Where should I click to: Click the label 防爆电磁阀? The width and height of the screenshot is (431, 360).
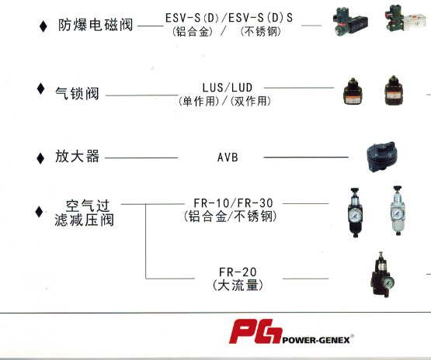96,25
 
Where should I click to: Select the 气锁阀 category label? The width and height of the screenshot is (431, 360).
77,93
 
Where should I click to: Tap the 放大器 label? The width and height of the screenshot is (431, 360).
77,157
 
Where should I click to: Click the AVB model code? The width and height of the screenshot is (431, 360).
228,157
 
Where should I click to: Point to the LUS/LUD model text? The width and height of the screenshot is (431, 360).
228,88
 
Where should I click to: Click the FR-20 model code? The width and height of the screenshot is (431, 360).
238,272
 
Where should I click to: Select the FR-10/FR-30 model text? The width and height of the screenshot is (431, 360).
234,203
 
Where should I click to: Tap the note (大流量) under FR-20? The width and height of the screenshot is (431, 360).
238,286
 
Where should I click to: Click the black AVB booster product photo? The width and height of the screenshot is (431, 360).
381,157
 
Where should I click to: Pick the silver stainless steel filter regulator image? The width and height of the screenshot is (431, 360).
398,210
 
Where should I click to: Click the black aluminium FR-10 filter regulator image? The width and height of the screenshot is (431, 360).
355,213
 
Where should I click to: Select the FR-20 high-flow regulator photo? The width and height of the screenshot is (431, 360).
382,275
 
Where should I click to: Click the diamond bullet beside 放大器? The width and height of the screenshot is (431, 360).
40,158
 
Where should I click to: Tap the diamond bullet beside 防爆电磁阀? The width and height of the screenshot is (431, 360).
43,26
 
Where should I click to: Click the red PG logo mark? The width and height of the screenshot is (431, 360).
255,331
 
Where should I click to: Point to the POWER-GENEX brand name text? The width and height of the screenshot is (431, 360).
316,341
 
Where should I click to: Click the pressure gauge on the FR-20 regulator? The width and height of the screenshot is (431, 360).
388,283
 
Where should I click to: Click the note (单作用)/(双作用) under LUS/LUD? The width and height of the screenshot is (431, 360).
224,102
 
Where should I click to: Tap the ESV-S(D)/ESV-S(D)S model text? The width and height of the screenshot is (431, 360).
229,18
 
